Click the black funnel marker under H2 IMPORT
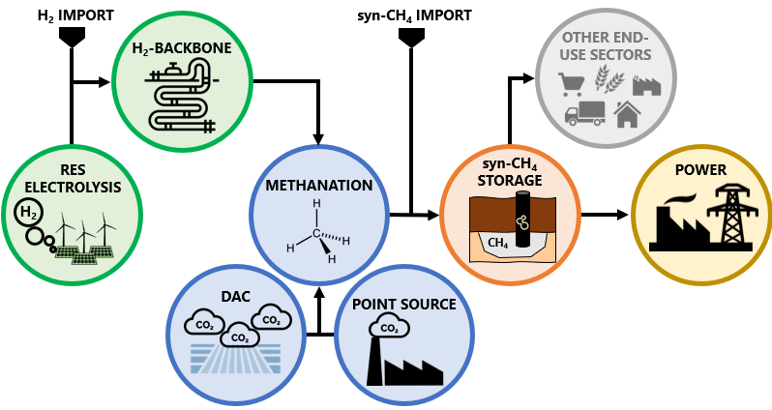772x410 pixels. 72,36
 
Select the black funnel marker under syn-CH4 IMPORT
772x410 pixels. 411,36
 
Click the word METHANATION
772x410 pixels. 318,185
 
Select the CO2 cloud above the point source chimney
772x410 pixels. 390,329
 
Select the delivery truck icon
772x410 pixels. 583,114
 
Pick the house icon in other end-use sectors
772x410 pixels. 628,114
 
